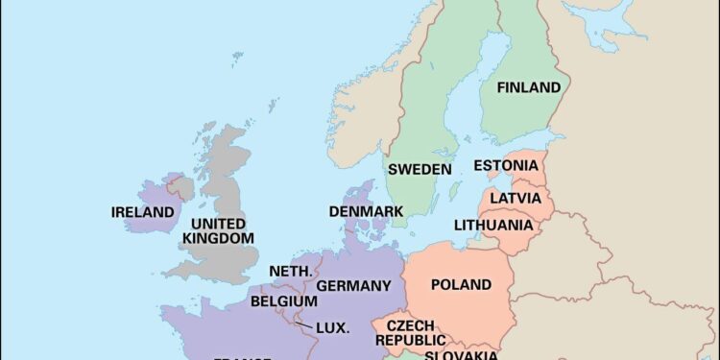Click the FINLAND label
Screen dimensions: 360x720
point(528,87)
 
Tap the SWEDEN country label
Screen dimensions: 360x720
point(420,169)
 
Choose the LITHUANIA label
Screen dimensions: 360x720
point(493,226)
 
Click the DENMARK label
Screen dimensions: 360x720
point(366,211)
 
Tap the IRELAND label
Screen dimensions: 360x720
point(143,212)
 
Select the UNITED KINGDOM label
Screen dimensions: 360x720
point(219,229)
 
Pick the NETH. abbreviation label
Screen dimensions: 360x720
point(290,272)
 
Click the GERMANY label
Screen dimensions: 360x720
point(353,286)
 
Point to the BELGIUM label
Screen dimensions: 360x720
point(283,301)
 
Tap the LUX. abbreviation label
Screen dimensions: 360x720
point(332,327)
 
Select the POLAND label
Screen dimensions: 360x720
point(461,285)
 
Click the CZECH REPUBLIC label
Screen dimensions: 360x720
point(410,332)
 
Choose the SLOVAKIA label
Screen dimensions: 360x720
point(461,355)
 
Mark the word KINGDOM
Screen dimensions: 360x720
point(219,237)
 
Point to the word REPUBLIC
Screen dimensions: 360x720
point(410,340)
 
